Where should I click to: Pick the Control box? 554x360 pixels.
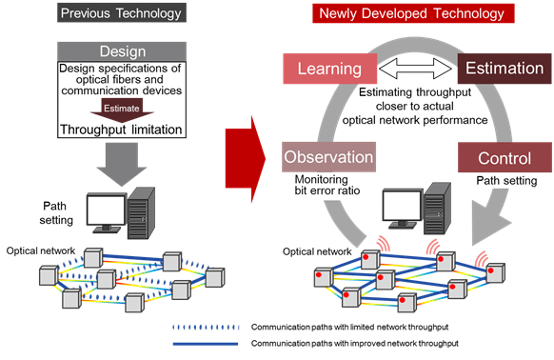(x=490, y=154)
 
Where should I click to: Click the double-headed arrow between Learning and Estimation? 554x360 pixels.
(x=411, y=69)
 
